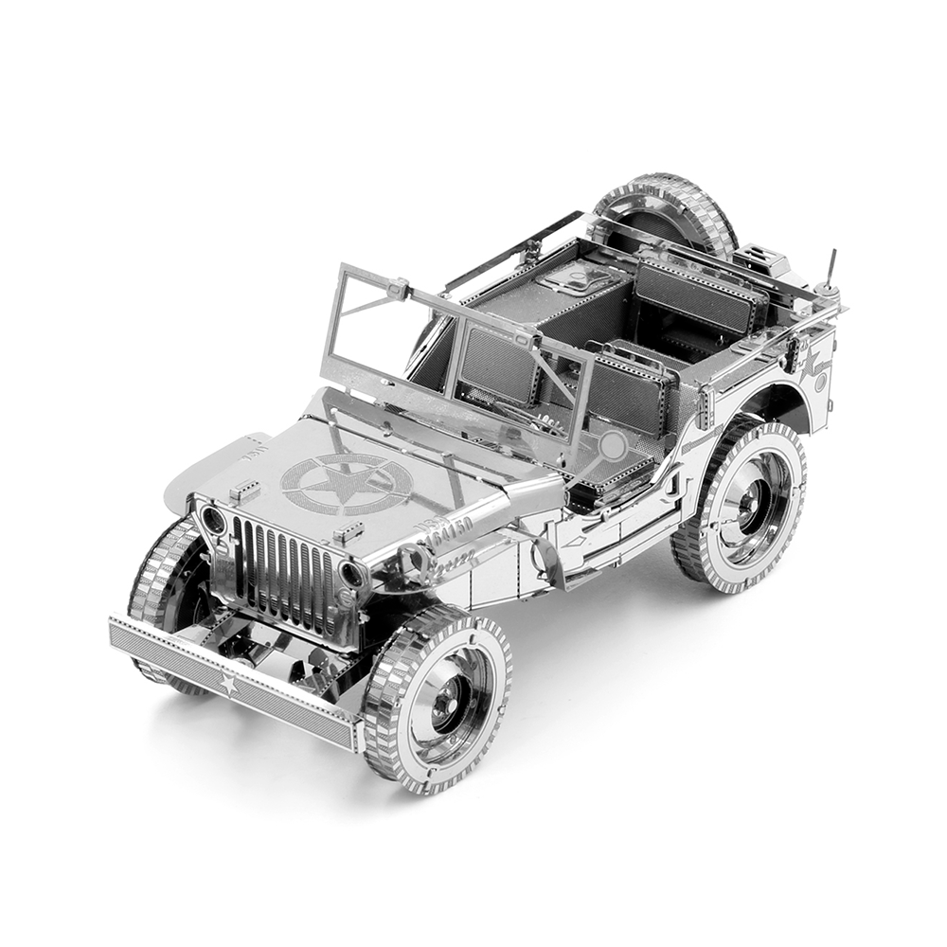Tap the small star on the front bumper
pyautogui.click(x=228, y=684)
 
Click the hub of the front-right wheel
pyautogui.click(x=443, y=702)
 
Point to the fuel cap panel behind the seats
pyautogui.click(x=578, y=279)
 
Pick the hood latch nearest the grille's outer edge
pyautogui.click(x=244, y=491)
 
